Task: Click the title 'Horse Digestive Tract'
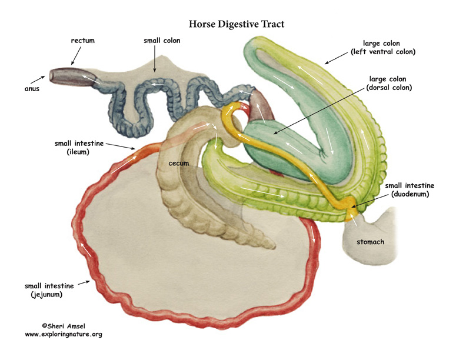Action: tap(237, 24)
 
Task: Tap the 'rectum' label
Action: tap(82, 41)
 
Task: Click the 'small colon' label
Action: tap(162, 41)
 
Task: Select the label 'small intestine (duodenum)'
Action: tap(411, 190)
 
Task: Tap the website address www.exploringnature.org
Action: tap(64, 334)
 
